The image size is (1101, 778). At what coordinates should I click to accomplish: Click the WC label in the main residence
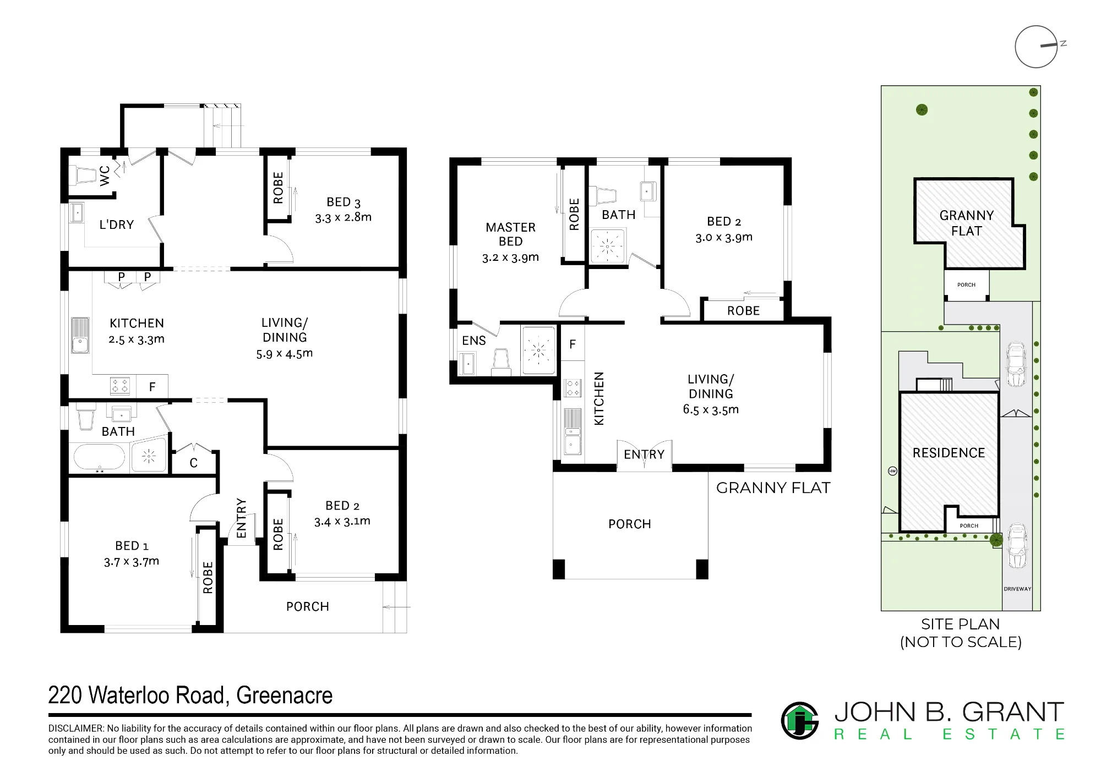click(105, 175)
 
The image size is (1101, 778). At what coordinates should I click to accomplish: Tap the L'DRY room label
click(116, 224)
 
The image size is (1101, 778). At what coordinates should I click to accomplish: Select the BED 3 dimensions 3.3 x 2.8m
click(343, 217)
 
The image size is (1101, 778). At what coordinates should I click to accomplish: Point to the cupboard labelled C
click(194, 463)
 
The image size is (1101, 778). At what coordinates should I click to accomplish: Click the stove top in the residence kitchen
click(121, 386)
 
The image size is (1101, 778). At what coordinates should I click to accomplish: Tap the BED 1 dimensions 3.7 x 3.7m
click(132, 562)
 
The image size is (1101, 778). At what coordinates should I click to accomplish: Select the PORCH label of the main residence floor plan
click(308, 606)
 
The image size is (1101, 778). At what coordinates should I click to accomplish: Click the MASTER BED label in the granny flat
click(510, 234)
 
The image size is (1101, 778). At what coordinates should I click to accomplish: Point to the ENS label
click(474, 341)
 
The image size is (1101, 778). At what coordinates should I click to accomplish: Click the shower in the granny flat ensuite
click(538, 350)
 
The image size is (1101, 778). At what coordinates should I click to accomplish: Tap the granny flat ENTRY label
click(644, 454)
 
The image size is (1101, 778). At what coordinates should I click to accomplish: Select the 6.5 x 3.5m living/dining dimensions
click(711, 409)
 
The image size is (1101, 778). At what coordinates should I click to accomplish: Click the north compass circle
click(1036, 47)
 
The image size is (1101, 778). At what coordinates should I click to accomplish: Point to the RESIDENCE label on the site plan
click(949, 453)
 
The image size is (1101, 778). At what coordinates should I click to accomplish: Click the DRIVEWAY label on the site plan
click(1017, 589)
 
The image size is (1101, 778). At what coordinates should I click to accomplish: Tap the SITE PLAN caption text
click(961, 624)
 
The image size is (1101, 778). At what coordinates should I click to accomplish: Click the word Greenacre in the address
click(285, 695)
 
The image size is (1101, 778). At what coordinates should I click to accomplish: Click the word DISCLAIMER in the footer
click(75, 728)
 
